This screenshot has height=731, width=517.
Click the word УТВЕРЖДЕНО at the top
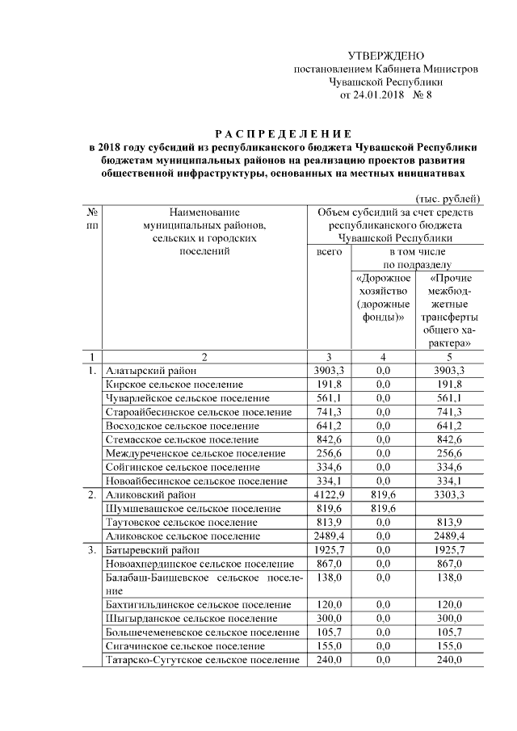pos(385,56)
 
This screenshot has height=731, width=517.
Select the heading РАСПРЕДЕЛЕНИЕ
pos(282,132)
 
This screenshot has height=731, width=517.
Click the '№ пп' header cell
pos(91,218)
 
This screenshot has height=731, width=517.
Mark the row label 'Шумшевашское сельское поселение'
pos(193,508)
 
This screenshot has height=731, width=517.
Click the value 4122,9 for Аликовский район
pos(329,494)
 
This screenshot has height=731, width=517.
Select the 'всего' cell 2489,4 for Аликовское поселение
pos(329,536)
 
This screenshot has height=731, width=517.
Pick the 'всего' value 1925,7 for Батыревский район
pos(329,549)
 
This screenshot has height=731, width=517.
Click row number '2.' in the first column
pos(91,494)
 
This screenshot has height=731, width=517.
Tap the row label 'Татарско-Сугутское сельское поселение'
pos(203,660)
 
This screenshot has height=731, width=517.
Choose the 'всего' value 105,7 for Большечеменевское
pos(329,632)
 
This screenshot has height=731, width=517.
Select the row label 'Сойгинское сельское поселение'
pos(183,467)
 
